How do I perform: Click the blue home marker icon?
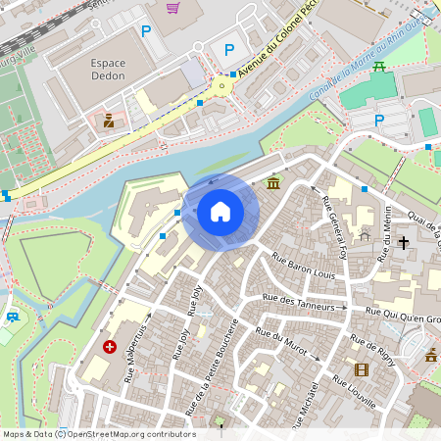(x=220, y=212)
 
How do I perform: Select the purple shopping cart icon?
(x=173, y=8)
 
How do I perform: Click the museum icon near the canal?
(x=272, y=183)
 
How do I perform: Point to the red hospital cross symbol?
(x=110, y=347)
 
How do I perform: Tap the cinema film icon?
(x=362, y=369)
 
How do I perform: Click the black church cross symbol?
(x=403, y=240)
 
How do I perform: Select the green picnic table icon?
(x=379, y=67)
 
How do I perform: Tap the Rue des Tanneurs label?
(x=305, y=303)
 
